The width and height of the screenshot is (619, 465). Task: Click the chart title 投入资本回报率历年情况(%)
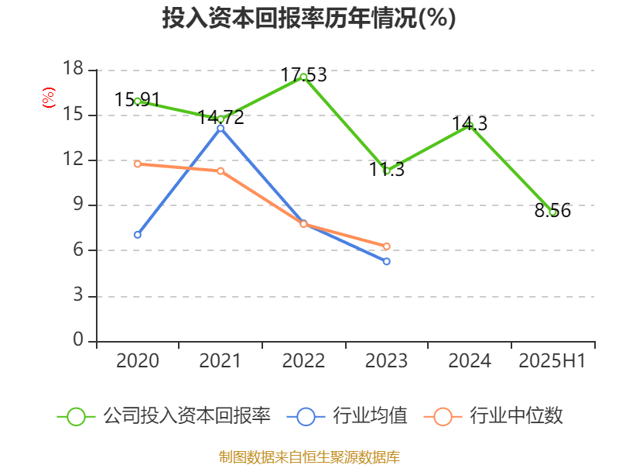(x=309, y=19)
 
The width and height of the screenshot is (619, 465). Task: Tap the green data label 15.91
(x=137, y=100)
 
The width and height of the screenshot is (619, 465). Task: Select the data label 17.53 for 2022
(x=303, y=75)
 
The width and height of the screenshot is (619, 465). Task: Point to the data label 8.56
(x=552, y=211)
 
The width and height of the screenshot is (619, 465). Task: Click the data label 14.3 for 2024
(x=470, y=124)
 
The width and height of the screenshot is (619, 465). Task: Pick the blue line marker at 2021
(x=221, y=128)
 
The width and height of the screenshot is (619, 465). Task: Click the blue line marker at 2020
(x=138, y=234)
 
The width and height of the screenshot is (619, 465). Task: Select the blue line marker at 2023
(x=387, y=261)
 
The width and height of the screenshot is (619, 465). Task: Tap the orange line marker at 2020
(x=138, y=164)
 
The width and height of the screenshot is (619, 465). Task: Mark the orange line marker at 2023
(x=387, y=246)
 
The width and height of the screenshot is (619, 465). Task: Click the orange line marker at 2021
(x=221, y=170)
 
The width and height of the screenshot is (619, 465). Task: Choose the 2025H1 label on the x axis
(x=552, y=361)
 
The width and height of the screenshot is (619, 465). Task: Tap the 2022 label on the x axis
(x=303, y=361)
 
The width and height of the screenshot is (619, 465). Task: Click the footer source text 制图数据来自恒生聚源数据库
(x=309, y=456)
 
